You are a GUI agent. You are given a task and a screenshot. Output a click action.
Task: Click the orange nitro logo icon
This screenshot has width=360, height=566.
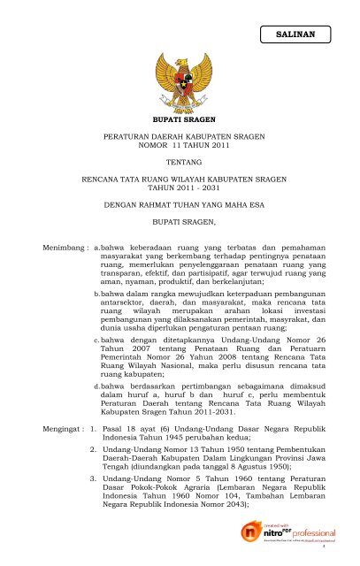252,533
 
